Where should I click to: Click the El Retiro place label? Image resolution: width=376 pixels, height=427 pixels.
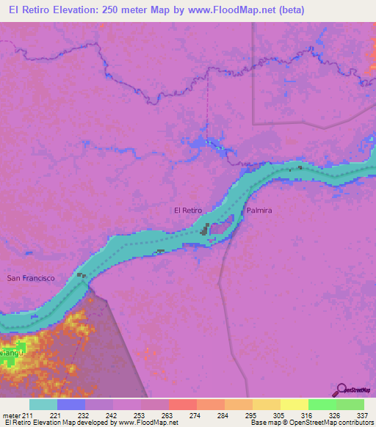click(x=187, y=211)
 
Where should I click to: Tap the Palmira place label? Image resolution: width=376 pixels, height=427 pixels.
click(x=259, y=211)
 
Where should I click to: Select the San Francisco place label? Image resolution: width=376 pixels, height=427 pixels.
click(x=31, y=278)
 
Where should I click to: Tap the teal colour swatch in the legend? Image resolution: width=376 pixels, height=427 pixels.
click(x=43, y=404)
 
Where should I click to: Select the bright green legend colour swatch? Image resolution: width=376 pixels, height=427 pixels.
click(x=322, y=404)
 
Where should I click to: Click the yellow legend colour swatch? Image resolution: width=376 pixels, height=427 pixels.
click(x=294, y=404)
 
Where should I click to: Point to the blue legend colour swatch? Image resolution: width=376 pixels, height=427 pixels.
click(x=71, y=404)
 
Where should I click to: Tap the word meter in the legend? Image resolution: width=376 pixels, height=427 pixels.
click(x=12, y=415)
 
